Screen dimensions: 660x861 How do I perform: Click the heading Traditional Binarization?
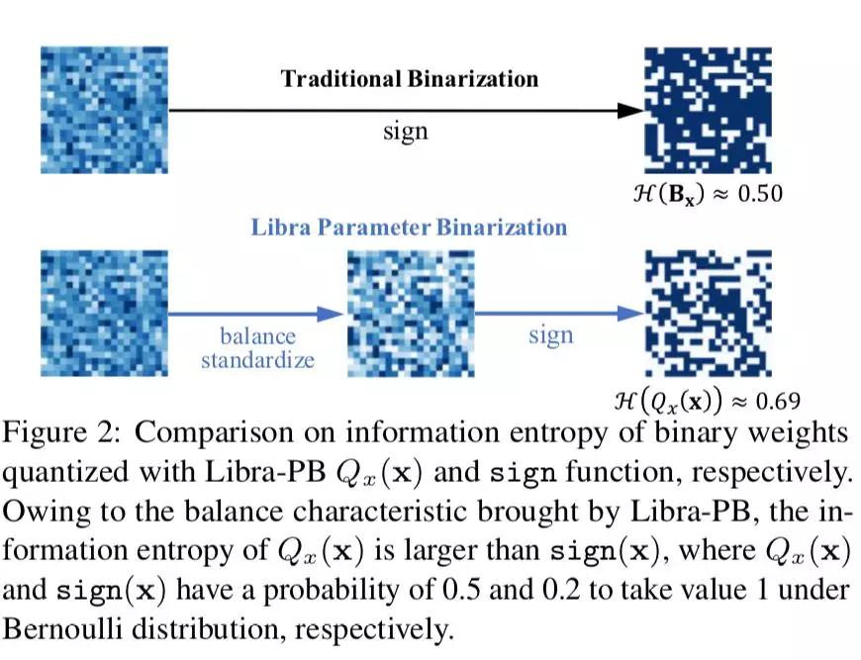coord(410,78)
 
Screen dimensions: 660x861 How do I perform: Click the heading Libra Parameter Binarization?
coord(408,227)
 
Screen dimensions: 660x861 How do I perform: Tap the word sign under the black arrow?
coord(405,131)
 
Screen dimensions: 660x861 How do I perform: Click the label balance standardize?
coord(257,347)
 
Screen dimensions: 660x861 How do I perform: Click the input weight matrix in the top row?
coord(104,109)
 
